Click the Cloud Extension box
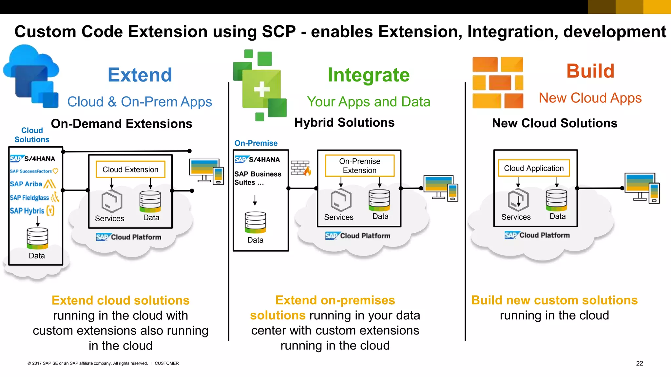[130, 170]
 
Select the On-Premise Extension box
[359, 166]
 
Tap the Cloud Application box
[534, 168]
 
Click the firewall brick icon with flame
[301, 168]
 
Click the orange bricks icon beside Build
[498, 82]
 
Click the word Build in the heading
[590, 71]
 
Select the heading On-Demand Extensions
[122, 124]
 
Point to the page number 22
[639, 363]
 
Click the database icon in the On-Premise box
[255, 222]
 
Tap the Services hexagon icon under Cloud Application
[518, 200]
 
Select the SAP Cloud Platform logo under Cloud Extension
[129, 237]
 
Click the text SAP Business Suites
[258, 178]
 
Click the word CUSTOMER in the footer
[166, 363]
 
